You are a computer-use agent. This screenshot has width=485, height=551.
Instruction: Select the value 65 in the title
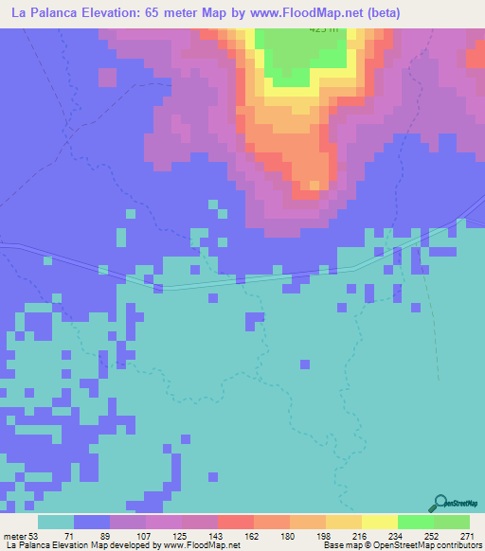pyautogui.click(x=149, y=13)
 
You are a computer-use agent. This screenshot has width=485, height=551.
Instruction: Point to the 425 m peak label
pyautogui.click(x=322, y=29)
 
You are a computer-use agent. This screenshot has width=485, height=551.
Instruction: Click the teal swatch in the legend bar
pyautogui.click(x=57, y=522)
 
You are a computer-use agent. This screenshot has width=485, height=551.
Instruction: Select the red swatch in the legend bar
pyautogui.click(x=236, y=522)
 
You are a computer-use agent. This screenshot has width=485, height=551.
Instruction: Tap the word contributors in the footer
pyautogui.click(x=458, y=546)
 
